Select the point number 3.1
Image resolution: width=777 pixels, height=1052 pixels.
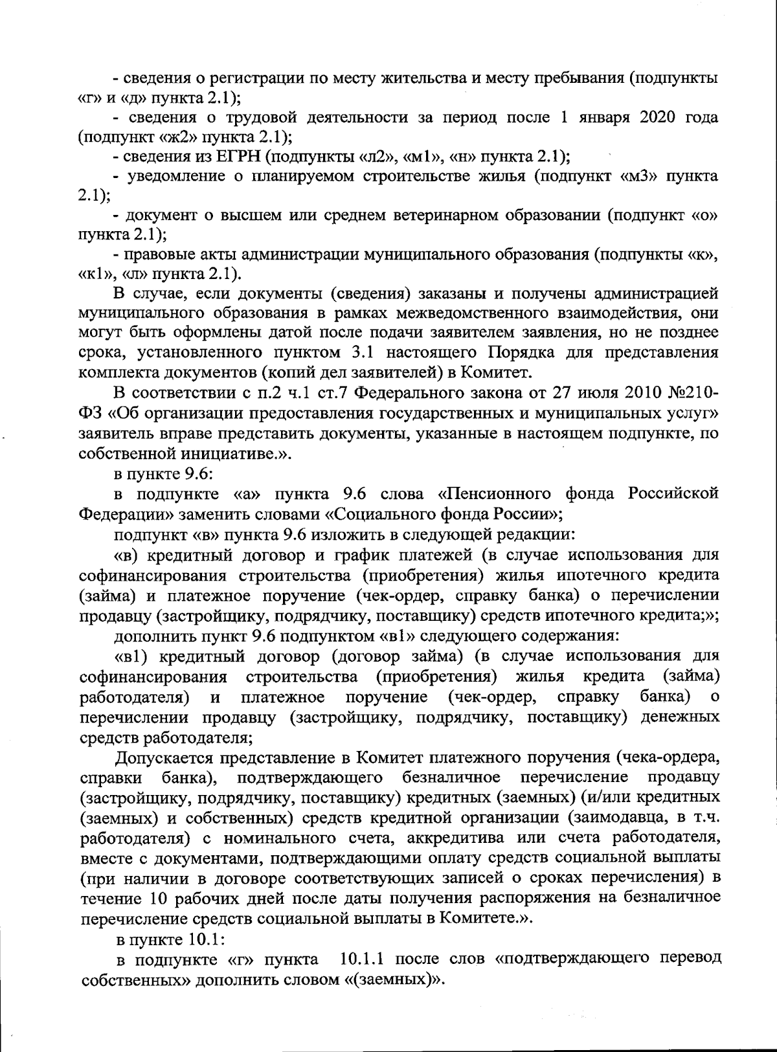[x=382, y=353]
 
